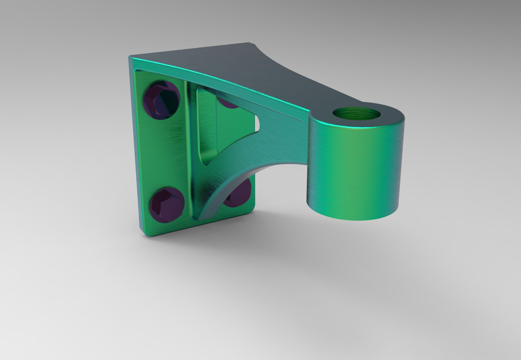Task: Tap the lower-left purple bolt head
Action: tap(167, 204)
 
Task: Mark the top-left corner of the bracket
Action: tap(132, 57)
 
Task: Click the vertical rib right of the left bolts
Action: tap(189, 152)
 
